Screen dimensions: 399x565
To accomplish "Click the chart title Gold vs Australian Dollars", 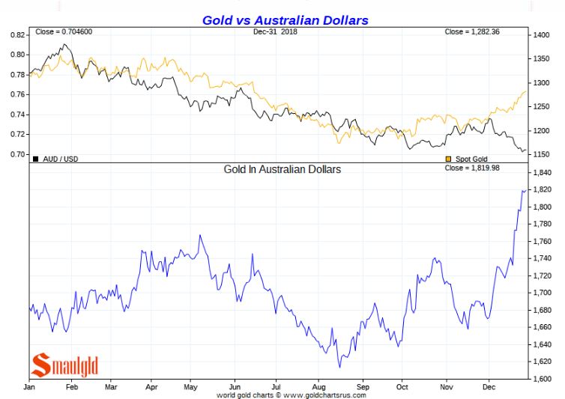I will click(x=285, y=20).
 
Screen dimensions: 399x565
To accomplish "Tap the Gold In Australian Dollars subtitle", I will click(x=282, y=170).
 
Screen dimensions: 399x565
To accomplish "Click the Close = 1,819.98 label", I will click(x=474, y=168).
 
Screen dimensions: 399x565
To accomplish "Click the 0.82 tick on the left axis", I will click(x=17, y=35).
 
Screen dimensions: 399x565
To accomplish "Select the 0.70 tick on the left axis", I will click(x=17, y=154).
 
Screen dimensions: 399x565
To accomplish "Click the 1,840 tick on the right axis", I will click(x=542, y=173).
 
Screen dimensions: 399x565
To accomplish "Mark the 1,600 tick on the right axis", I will click(x=542, y=379).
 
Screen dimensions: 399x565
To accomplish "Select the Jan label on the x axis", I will click(x=31, y=388).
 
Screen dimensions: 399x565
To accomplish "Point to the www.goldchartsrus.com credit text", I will click(x=324, y=395).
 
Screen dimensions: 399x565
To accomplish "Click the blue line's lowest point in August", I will click(x=339, y=367).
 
